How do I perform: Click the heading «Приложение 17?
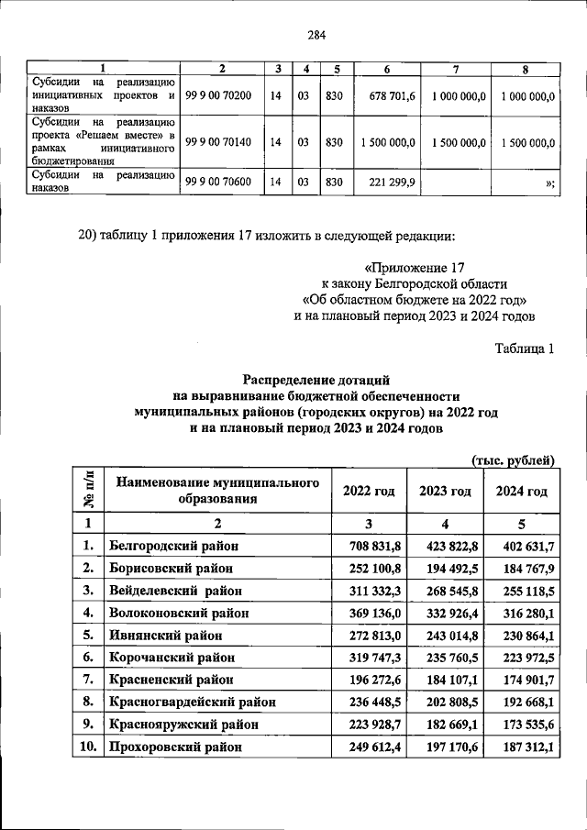[x=408, y=268]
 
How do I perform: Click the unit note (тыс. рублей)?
[x=514, y=459]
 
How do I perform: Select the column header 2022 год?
[x=369, y=492]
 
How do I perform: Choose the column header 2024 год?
[x=521, y=492]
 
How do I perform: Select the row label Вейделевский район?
[x=172, y=591]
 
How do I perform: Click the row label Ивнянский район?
[x=162, y=635]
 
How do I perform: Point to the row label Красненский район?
[x=170, y=680]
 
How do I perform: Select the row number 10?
[x=88, y=747]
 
